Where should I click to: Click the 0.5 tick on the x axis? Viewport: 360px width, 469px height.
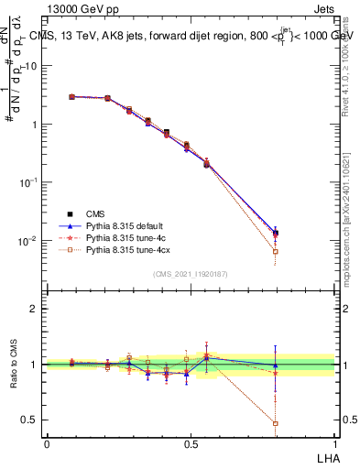pos(191,443)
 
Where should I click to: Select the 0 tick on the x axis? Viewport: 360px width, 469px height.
pos(47,443)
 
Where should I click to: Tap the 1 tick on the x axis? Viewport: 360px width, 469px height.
pos(334,443)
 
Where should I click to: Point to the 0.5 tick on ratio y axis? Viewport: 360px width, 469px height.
pos(29,420)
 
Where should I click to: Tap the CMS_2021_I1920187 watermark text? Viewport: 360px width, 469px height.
pos(191,273)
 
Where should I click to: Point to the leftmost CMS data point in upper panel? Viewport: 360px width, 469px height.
pos(71,96)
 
